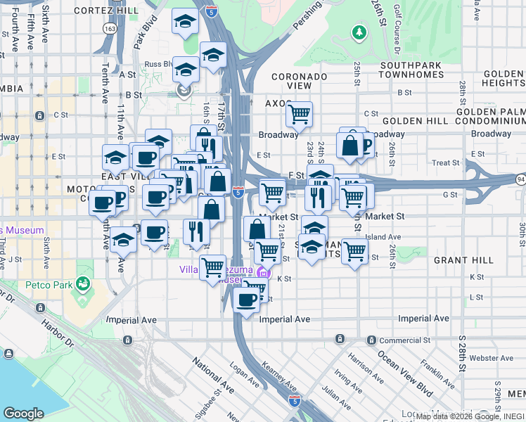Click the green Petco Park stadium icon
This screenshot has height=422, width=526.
84,283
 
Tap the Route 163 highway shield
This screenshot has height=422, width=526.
108,30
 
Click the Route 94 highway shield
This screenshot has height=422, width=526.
519,181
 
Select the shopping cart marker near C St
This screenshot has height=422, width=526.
300,113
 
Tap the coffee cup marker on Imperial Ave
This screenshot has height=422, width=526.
246,300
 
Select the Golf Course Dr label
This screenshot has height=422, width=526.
397,28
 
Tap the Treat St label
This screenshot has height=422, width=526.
445,162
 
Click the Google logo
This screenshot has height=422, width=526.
23,413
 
